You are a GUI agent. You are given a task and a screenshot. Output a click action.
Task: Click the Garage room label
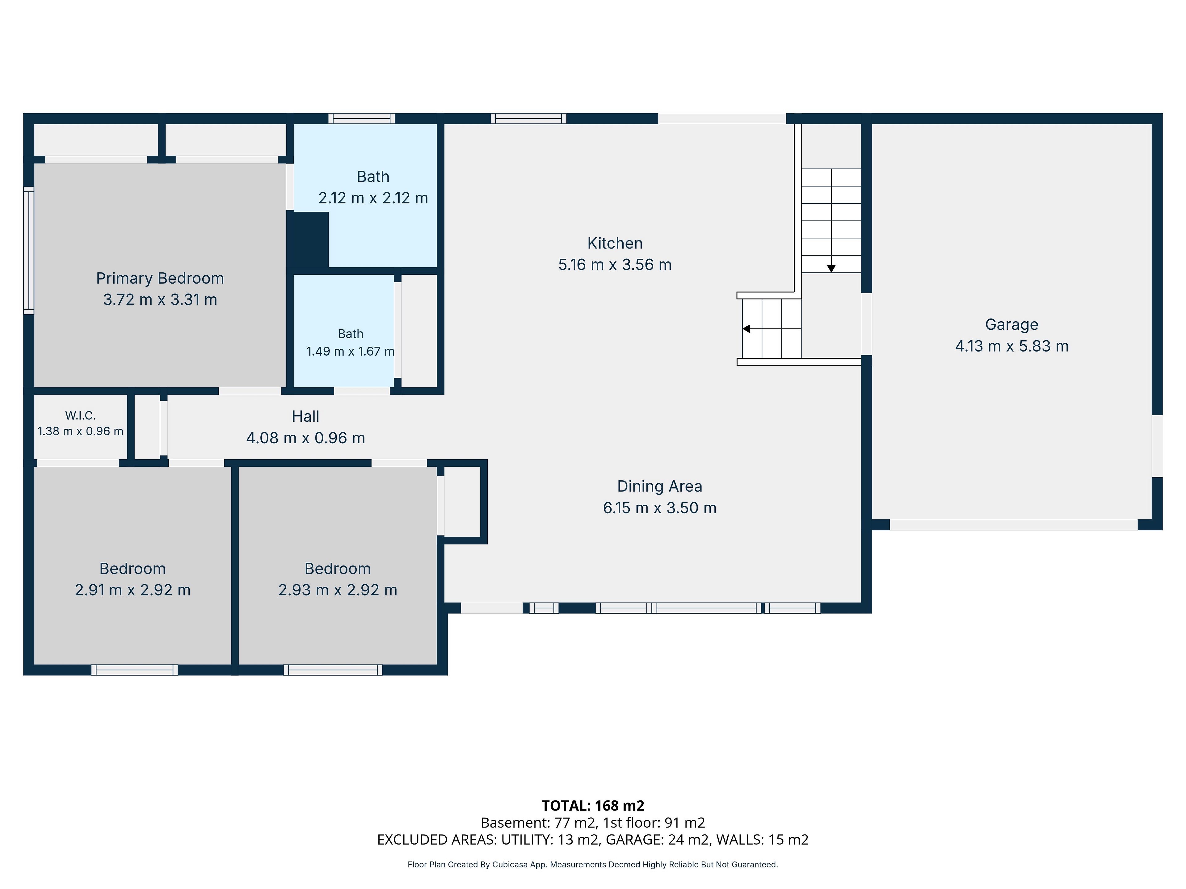point(1012,325)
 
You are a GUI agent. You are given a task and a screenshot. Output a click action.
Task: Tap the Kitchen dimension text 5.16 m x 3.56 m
point(615,265)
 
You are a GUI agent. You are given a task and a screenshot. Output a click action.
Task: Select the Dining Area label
point(659,486)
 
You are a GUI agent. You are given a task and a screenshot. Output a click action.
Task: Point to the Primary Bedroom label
point(160,279)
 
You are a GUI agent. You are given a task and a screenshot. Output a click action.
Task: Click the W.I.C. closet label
point(80,415)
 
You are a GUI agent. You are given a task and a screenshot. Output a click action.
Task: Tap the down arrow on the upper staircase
point(831,269)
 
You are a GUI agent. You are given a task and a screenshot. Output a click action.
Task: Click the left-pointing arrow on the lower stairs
point(746,328)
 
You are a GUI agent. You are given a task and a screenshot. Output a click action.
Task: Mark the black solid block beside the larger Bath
point(308,239)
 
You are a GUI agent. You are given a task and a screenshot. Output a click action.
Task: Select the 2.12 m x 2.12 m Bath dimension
point(373,198)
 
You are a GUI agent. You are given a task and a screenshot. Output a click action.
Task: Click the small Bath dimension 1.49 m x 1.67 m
point(350,352)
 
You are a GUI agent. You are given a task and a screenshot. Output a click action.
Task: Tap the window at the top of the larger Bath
point(362,119)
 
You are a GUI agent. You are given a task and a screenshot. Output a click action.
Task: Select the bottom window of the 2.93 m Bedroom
point(333,670)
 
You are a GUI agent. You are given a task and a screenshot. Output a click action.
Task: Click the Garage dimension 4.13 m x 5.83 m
point(1012,346)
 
